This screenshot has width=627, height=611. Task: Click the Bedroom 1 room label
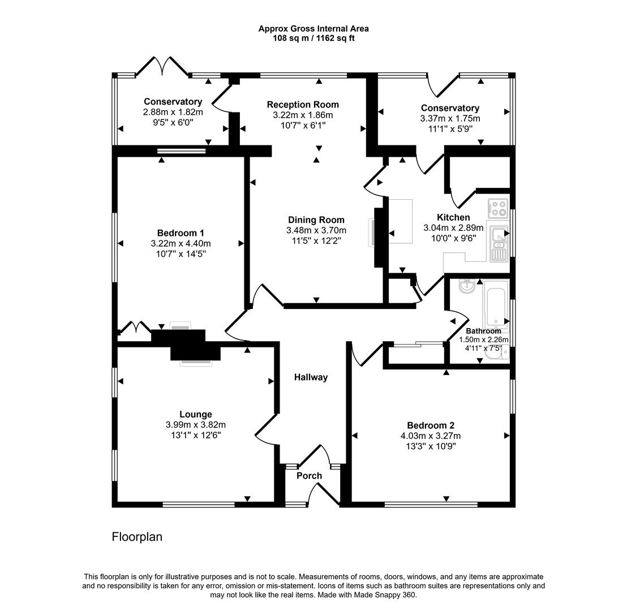(x=181, y=233)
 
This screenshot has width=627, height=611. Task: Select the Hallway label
(x=311, y=377)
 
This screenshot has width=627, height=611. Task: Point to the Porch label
(x=310, y=476)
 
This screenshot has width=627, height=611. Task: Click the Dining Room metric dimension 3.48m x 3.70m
(x=316, y=230)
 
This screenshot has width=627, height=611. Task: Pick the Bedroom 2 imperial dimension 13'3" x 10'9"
(x=431, y=446)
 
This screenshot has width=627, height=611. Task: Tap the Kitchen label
(x=453, y=217)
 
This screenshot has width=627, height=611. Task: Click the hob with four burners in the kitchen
(x=499, y=209)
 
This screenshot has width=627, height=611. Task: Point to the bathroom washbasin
(x=466, y=286)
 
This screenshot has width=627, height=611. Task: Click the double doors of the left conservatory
(x=163, y=67)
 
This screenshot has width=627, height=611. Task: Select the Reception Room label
(x=303, y=105)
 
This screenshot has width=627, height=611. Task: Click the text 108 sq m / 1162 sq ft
(x=313, y=38)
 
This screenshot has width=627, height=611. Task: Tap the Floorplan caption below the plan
(x=137, y=537)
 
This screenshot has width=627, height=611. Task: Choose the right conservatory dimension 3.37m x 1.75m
(x=450, y=118)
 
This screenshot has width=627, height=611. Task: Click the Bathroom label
(x=483, y=331)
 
